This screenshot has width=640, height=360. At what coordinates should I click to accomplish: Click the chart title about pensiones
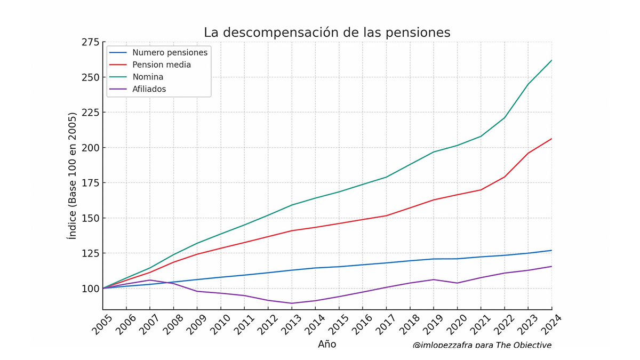[327, 33]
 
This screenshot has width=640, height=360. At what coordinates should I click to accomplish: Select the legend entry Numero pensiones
[170, 52]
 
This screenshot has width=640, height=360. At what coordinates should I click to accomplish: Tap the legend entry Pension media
[162, 65]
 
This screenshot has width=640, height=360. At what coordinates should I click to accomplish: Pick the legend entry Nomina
[148, 77]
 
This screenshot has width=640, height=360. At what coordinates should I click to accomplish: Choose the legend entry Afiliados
[149, 89]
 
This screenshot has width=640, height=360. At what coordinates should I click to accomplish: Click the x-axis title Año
[327, 344]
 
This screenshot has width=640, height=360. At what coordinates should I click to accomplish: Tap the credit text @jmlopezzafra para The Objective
[482, 345]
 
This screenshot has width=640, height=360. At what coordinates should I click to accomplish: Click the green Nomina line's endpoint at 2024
[551, 60]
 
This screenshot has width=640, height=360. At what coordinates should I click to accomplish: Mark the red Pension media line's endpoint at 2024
[551, 139]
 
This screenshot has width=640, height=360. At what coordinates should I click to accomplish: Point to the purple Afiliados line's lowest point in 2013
[291, 303]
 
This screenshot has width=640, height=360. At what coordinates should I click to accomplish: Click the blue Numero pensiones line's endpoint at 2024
[551, 250]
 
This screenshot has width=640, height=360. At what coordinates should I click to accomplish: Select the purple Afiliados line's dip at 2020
[457, 283]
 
